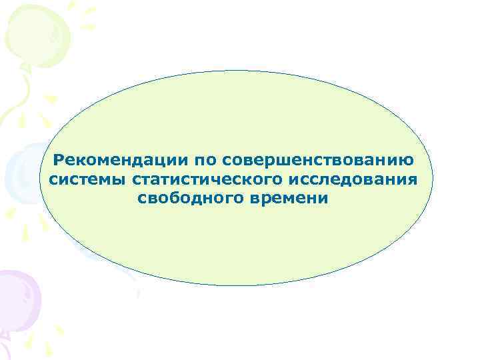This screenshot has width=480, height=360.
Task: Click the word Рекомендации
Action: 120,160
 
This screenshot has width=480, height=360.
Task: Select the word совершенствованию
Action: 319,161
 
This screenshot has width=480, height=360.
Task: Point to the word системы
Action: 87,179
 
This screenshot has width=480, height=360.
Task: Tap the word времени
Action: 293,198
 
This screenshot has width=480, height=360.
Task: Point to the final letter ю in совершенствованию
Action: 406,161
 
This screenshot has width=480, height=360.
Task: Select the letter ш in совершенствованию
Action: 285,161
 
